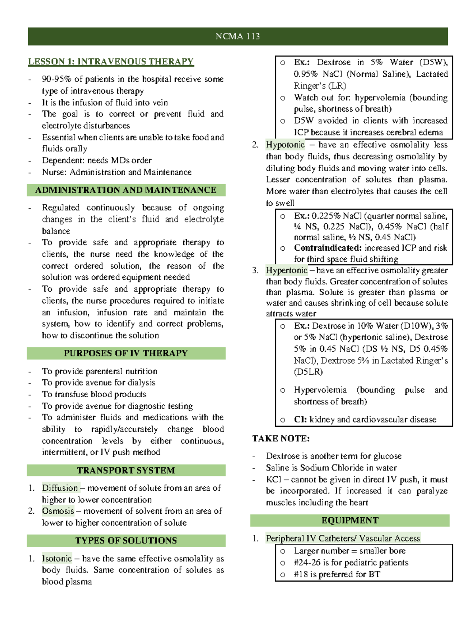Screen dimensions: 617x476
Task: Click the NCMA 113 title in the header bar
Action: click(x=238, y=37)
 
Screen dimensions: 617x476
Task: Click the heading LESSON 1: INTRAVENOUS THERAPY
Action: click(x=111, y=62)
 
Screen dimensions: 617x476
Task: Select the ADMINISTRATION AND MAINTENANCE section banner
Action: click(x=126, y=190)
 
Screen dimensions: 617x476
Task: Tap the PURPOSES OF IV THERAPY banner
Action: click(x=126, y=353)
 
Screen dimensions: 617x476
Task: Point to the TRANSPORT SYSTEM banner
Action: click(x=126, y=470)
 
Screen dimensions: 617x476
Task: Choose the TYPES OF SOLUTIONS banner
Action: click(x=126, y=540)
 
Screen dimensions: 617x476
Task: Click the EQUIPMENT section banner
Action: click(x=349, y=520)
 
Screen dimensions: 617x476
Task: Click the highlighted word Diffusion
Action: click(x=60, y=488)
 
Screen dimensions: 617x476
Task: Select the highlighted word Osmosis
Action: click(x=58, y=511)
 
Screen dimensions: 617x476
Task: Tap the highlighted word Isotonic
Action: click(x=57, y=559)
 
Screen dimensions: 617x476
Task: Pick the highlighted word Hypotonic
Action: click(x=285, y=145)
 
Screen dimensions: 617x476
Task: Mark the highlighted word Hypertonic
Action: click(x=286, y=271)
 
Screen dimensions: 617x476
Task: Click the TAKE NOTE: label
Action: click(x=281, y=439)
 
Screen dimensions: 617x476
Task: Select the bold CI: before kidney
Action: click(x=300, y=420)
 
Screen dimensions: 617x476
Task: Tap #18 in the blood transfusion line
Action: click(x=301, y=574)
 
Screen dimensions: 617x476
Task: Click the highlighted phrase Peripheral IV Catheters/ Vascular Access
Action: click(x=343, y=538)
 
